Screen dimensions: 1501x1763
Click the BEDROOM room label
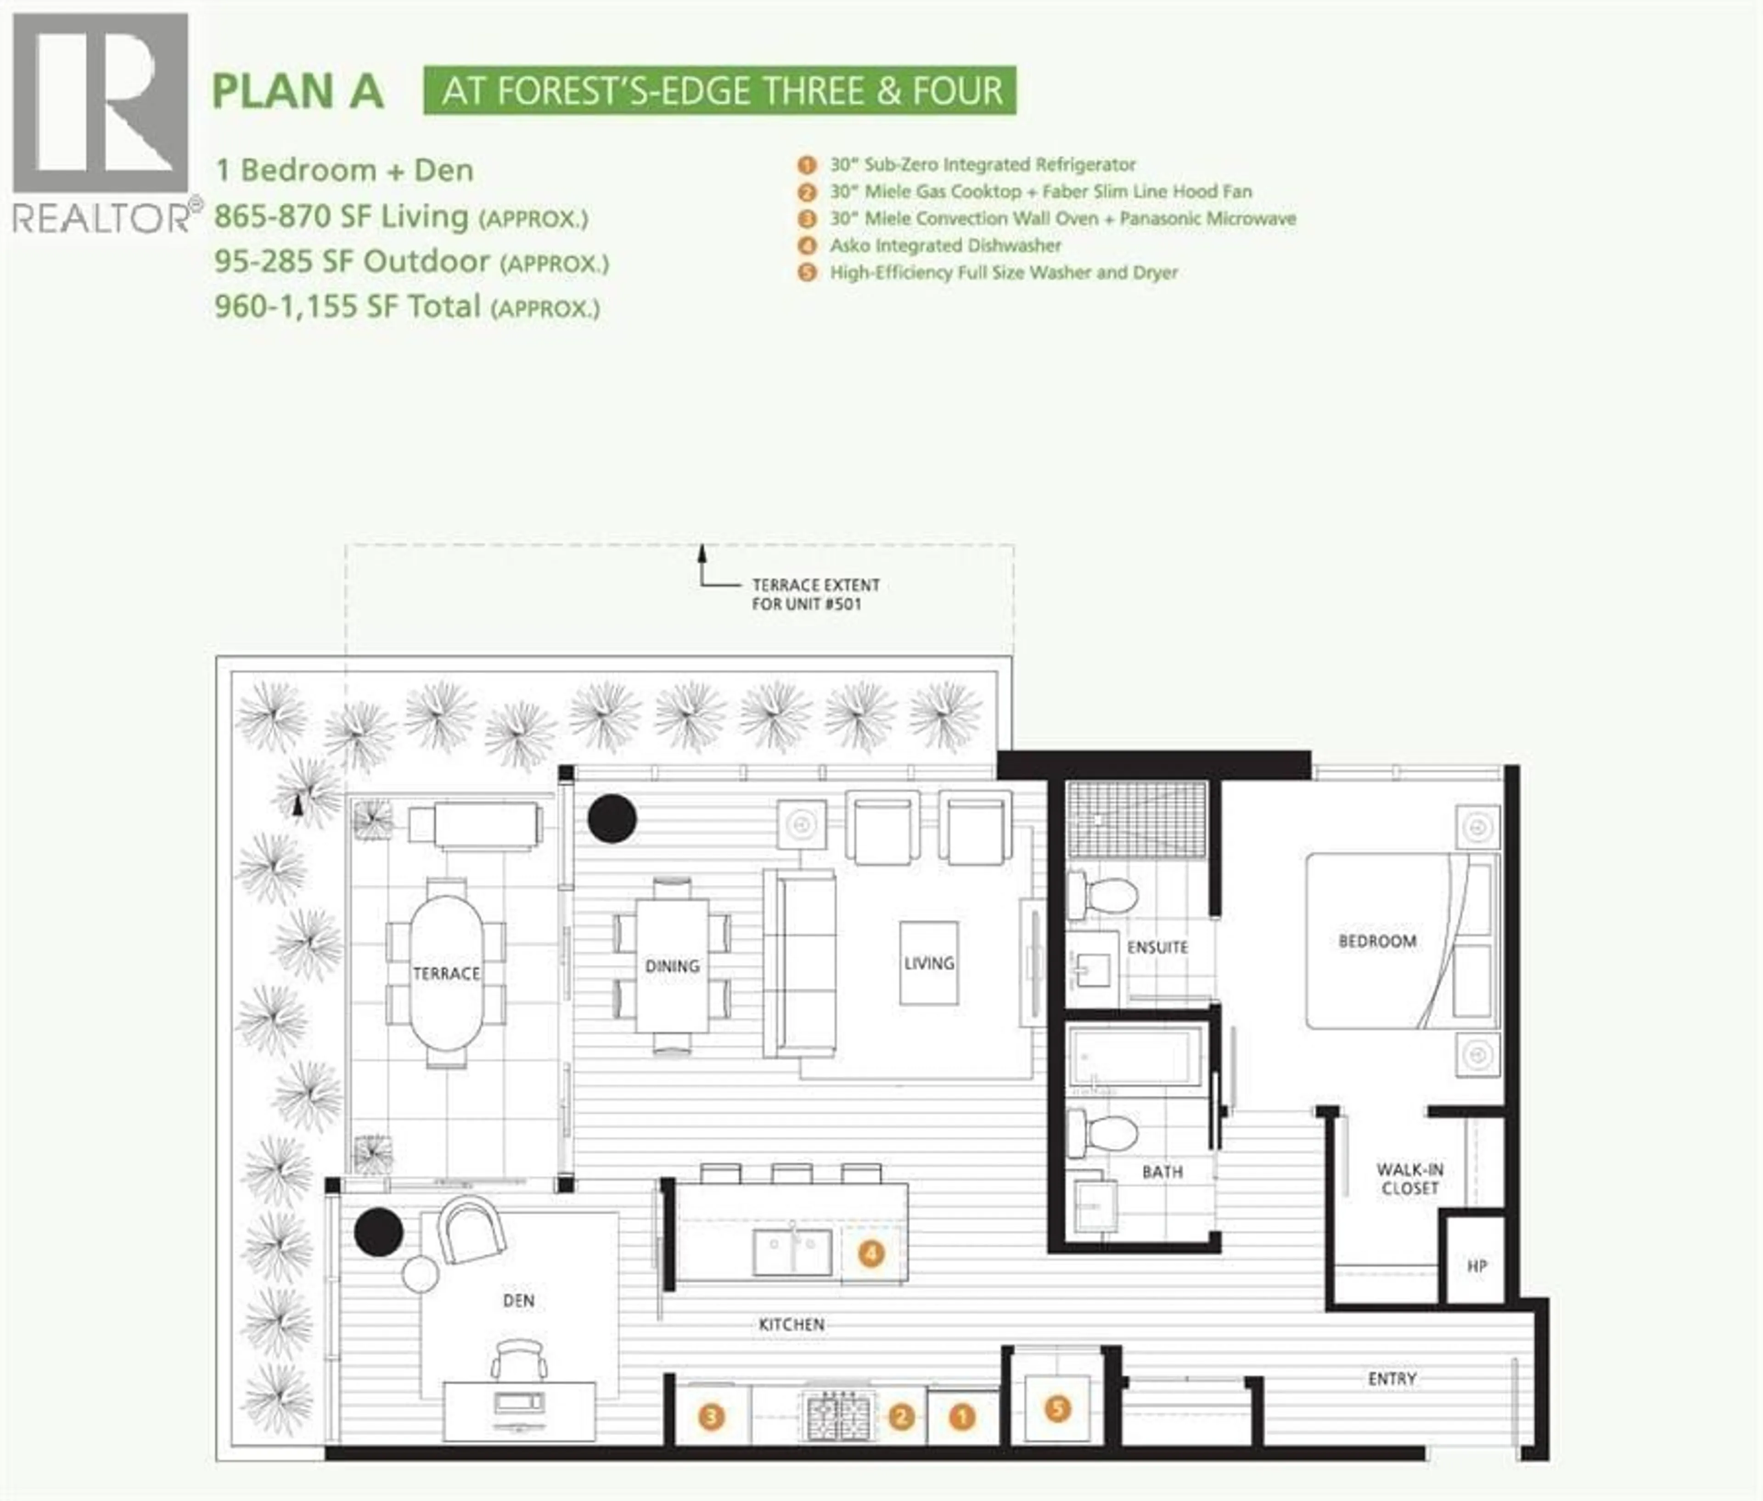click(1377, 941)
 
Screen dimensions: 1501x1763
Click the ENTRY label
click(1392, 1378)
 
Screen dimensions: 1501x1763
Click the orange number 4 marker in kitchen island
click(870, 1253)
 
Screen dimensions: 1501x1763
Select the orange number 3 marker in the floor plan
click(711, 1417)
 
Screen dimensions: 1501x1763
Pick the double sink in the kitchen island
click(792, 1253)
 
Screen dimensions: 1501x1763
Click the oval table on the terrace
click(447, 973)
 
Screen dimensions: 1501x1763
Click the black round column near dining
click(612, 818)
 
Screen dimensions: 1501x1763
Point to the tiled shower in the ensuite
click(1137, 818)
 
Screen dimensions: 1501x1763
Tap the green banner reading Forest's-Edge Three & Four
click(720, 90)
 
